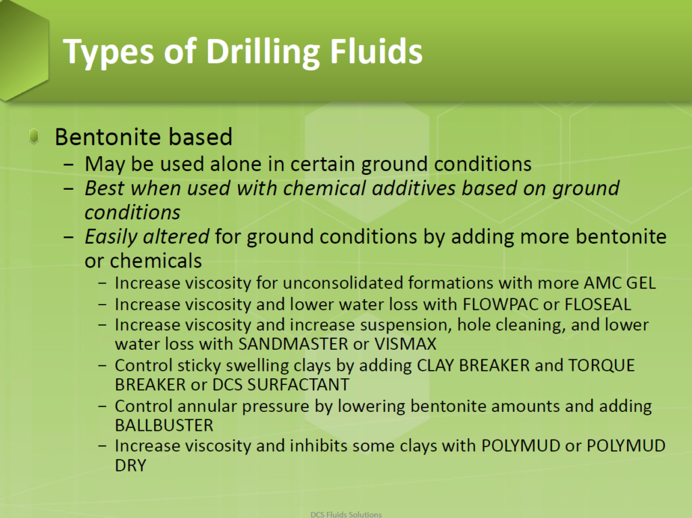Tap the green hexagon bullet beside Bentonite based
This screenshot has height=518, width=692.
coord(34,137)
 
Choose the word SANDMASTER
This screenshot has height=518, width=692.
coord(294,343)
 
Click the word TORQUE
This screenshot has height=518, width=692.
coord(601,365)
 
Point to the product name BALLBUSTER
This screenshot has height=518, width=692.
coord(164,425)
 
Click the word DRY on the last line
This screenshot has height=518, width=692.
coord(130,465)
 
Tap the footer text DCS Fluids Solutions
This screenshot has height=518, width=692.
coord(345,513)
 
